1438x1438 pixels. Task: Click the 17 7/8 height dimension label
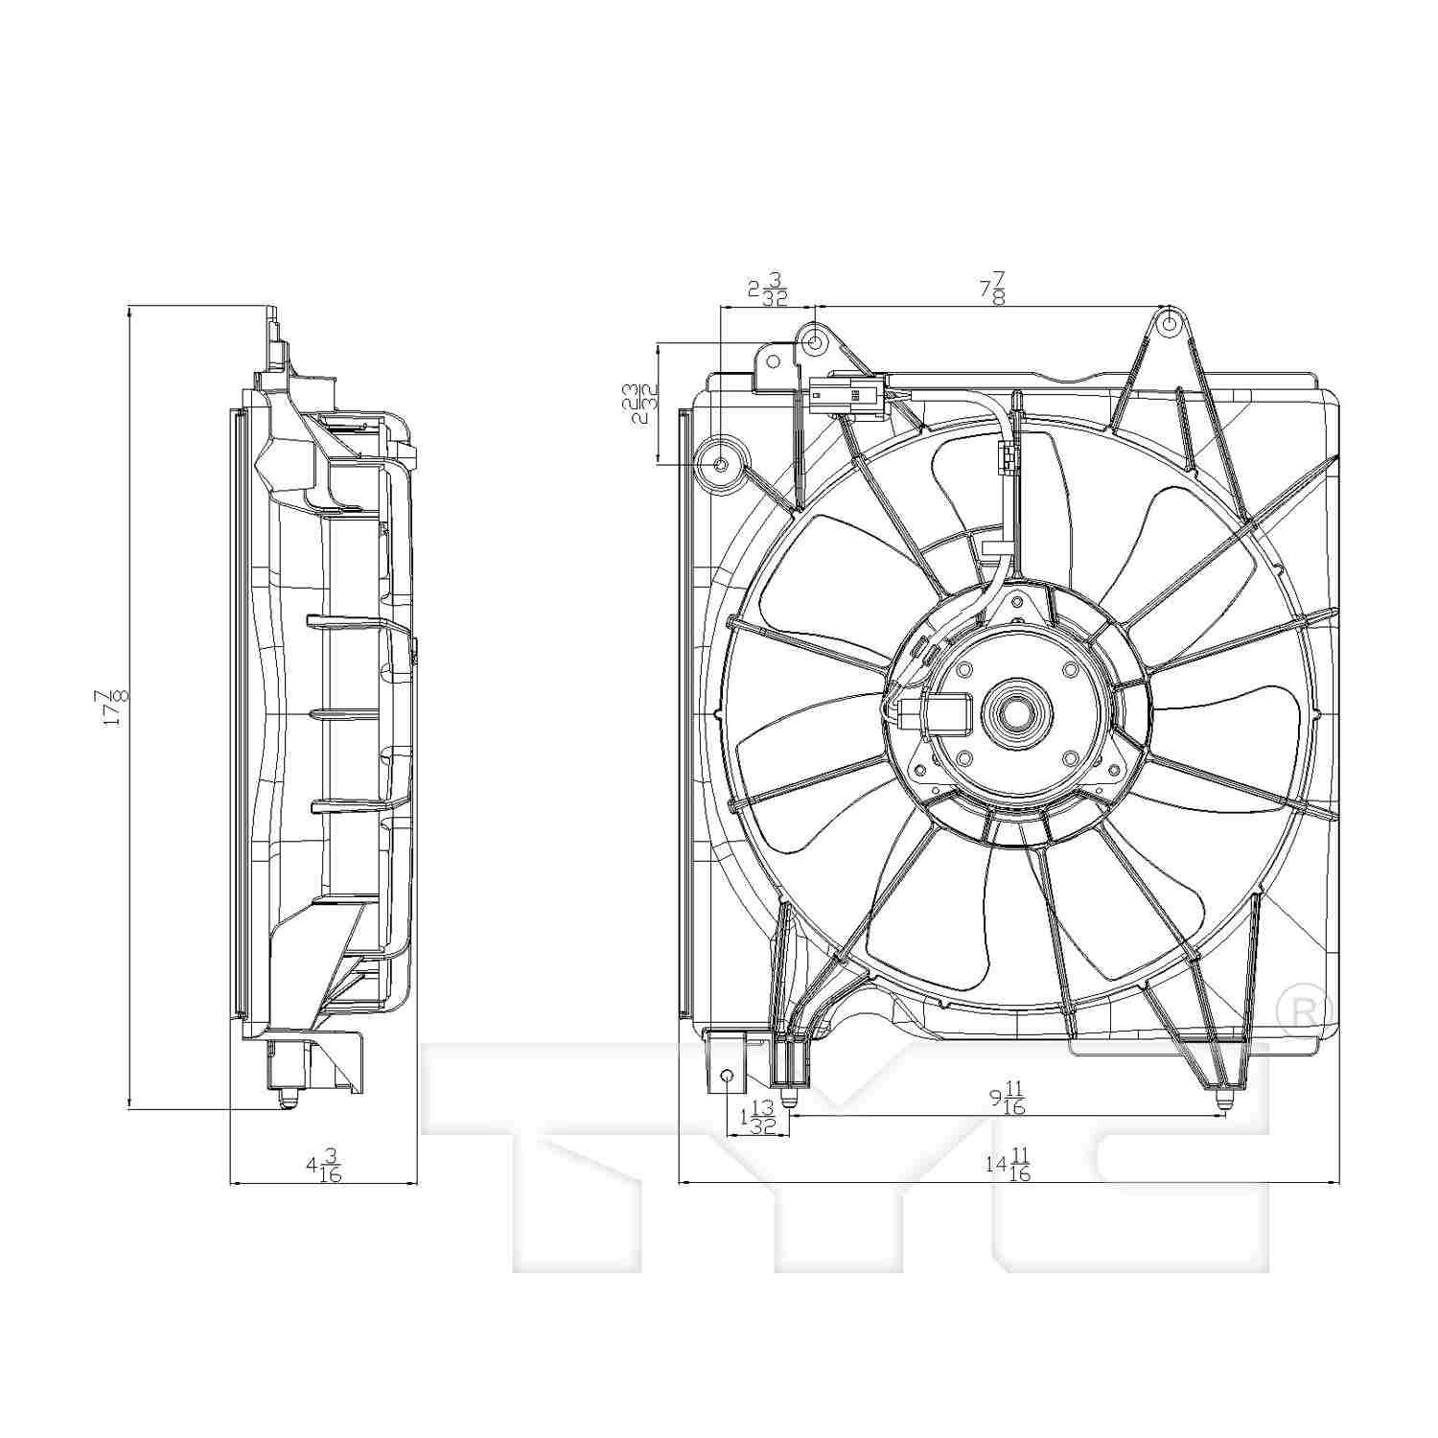(x=114, y=707)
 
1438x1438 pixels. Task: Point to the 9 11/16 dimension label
(x=1008, y=1098)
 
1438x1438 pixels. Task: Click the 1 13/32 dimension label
(x=757, y=1119)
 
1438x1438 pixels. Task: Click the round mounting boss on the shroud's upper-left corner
(x=722, y=464)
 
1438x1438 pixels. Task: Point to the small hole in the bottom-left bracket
(x=727, y=1076)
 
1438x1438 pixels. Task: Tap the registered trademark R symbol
(x=1306, y=1008)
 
